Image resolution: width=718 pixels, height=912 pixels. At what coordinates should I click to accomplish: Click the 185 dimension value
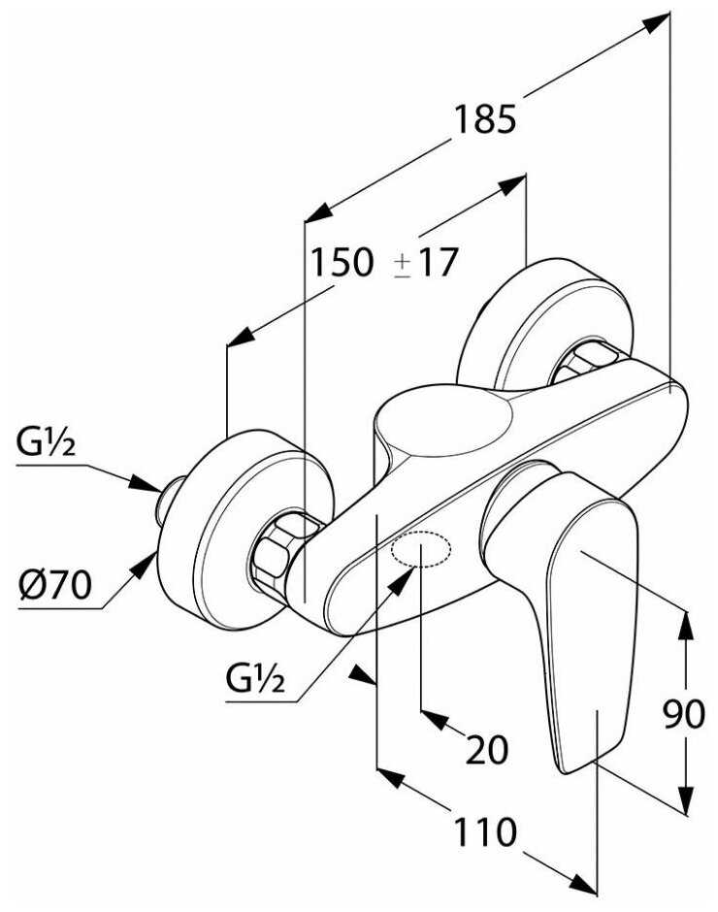[x=484, y=119]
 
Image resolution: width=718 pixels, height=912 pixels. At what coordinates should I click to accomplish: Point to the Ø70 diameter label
[x=54, y=585]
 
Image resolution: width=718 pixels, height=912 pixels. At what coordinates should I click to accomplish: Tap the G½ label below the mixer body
[x=255, y=679]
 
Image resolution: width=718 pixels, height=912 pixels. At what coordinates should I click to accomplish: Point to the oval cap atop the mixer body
[x=441, y=425]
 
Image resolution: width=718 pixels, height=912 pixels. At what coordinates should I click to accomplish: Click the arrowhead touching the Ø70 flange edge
[x=145, y=564]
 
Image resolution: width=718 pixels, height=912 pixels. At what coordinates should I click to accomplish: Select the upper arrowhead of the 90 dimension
[x=686, y=624]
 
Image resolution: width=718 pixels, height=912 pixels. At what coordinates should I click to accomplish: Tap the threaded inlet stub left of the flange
[x=171, y=499]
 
